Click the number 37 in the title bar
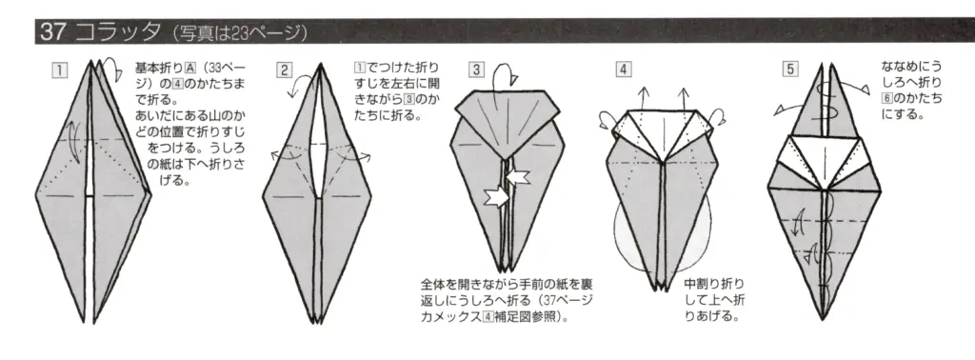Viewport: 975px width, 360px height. [x=50, y=31]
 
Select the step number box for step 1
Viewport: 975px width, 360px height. [x=60, y=69]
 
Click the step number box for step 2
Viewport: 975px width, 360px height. [x=284, y=69]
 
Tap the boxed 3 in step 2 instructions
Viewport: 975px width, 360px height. [x=433, y=98]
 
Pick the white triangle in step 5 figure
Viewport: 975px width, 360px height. [x=820, y=151]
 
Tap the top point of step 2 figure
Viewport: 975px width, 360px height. [x=315, y=62]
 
